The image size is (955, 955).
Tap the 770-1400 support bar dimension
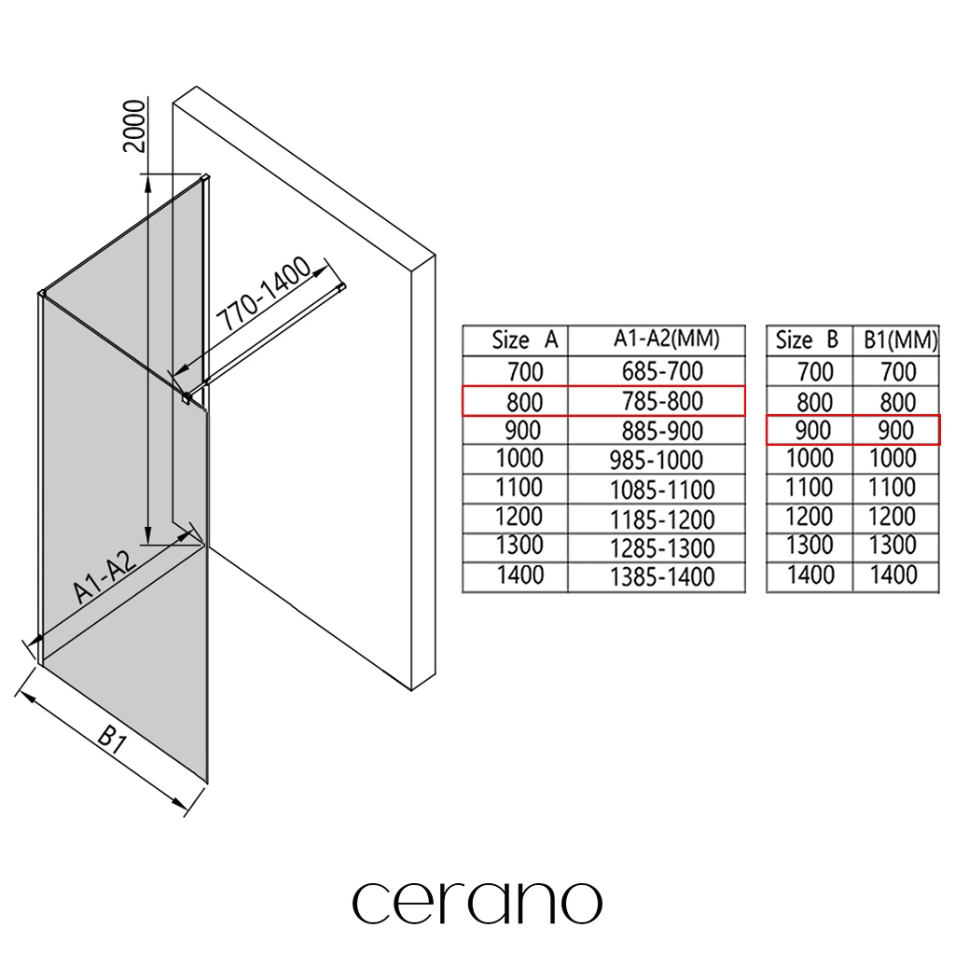[x=262, y=296]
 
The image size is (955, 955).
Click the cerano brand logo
[x=477, y=902]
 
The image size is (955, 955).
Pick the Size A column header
[x=524, y=341]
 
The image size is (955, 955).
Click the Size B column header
[x=808, y=341]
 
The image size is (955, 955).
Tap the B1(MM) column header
[x=897, y=341]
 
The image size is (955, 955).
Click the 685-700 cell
[x=662, y=371]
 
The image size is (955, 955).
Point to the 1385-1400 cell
[x=662, y=577]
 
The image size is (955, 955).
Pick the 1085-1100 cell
[x=662, y=490]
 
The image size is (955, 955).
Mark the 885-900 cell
[x=662, y=431]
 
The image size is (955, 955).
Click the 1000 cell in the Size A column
[x=519, y=459]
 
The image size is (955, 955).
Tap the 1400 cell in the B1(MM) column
[x=893, y=575]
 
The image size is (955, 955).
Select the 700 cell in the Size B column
[x=815, y=371]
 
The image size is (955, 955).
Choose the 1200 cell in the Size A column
[x=519, y=518]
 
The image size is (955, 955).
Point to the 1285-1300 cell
[x=662, y=548]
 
